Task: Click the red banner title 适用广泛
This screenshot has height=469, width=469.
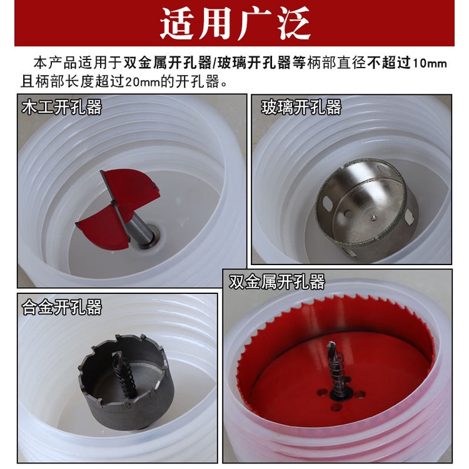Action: click(234, 23)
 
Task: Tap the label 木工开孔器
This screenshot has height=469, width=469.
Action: click(62, 107)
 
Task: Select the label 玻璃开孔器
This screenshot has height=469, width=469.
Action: click(301, 107)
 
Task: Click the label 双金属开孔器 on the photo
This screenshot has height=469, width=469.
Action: click(277, 281)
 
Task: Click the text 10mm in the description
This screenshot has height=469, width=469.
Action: click(430, 63)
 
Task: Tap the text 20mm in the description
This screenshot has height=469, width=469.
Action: click(143, 82)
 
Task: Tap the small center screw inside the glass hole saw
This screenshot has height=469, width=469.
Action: click(373, 218)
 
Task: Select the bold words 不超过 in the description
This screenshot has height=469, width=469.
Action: click(389, 63)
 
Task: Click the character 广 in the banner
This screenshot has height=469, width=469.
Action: click(254, 23)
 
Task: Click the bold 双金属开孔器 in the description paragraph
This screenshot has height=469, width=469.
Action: click(168, 63)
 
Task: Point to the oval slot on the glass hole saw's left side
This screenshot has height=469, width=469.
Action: click(328, 203)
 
